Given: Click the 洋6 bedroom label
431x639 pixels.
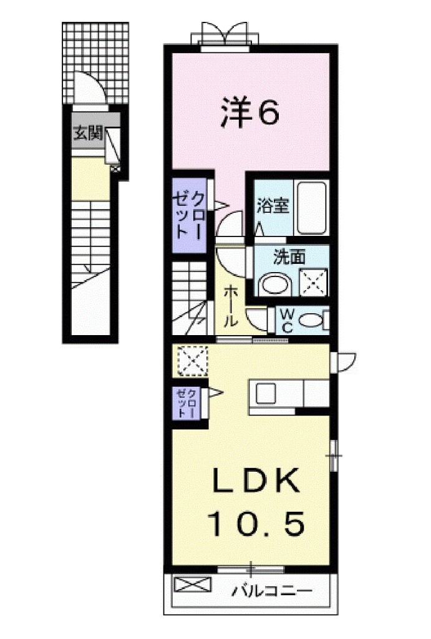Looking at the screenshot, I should click(249, 113).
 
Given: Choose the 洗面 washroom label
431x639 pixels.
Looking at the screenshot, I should click(288, 255).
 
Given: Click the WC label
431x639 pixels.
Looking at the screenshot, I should click(288, 319).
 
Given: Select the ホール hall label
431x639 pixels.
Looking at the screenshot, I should click(230, 305).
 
